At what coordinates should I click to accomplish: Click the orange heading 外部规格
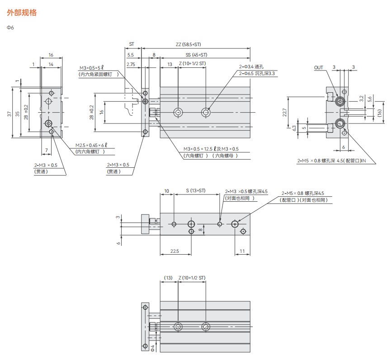point(22,13)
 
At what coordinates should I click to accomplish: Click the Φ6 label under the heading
point(10,28)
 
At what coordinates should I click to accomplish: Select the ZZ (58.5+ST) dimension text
point(189,44)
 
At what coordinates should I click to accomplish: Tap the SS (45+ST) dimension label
point(197,55)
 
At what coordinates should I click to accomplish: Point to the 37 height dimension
point(9,114)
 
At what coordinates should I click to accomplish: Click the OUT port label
point(318,68)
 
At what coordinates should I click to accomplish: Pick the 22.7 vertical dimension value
point(284,112)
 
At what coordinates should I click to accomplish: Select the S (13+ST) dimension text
point(196,190)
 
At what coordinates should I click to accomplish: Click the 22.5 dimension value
point(175,251)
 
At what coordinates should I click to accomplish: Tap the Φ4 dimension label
point(152,348)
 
